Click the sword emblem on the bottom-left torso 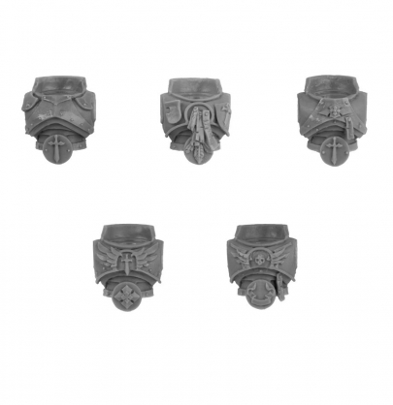[x=126, y=263]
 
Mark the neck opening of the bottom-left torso [x=127, y=234]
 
